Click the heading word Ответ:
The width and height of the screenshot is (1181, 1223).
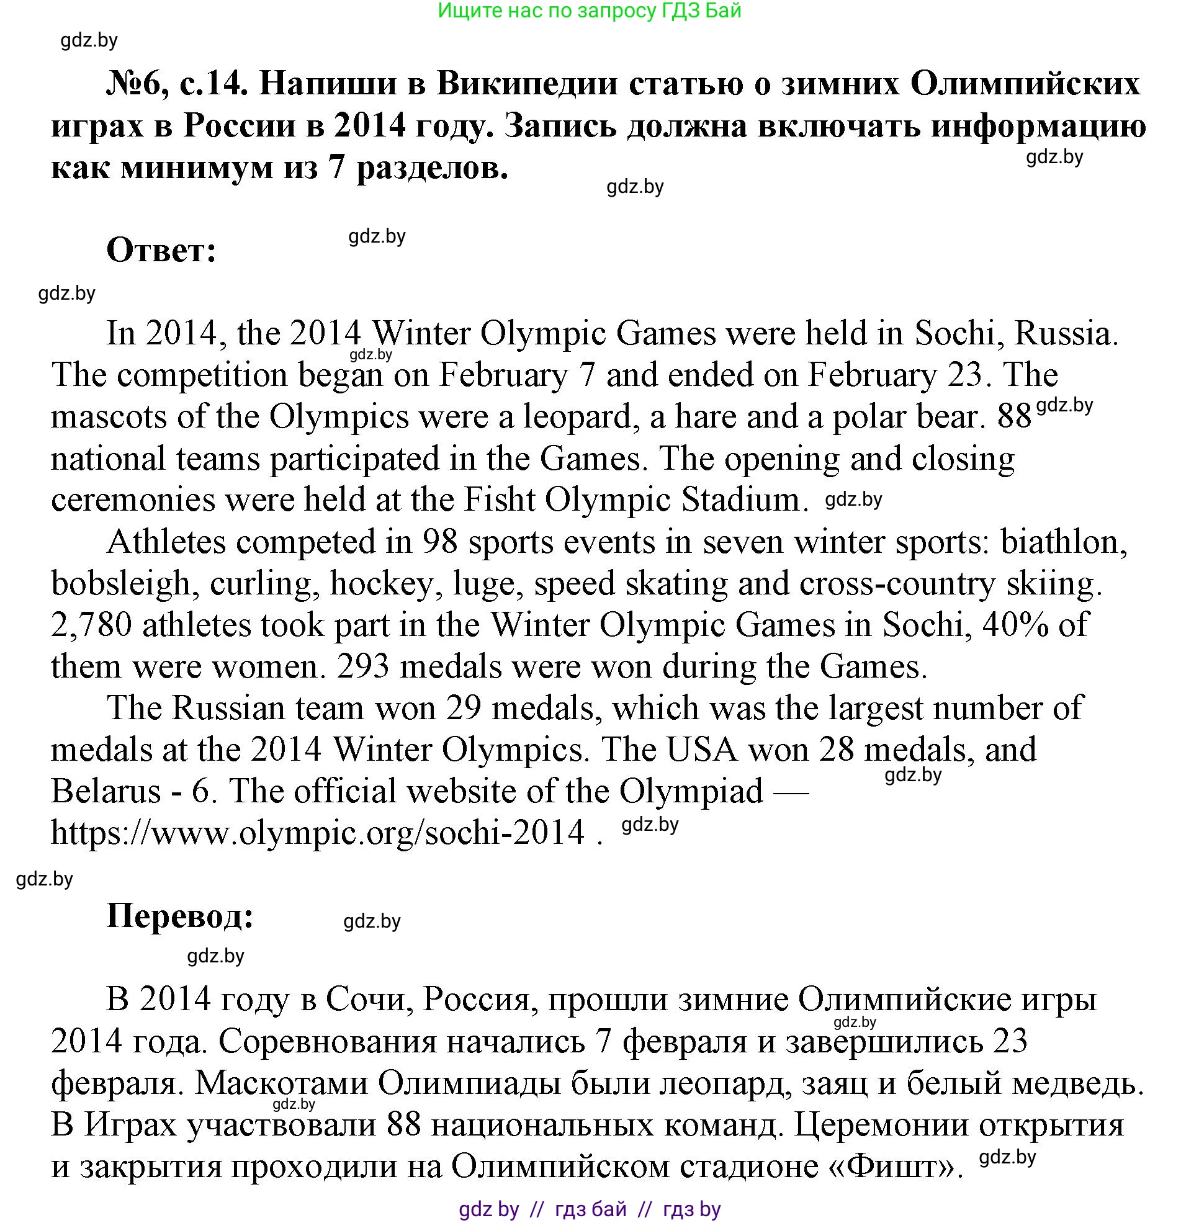pos(161,251)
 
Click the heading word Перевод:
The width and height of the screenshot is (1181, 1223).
pos(181,916)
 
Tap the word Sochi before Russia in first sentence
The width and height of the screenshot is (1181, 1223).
pos(959,333)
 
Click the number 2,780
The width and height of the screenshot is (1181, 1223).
pos(91,625)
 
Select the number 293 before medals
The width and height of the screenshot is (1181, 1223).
pos(363,666)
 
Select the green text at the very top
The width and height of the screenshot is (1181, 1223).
pos(590,11)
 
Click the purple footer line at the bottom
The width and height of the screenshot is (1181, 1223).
pos(590,1210)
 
